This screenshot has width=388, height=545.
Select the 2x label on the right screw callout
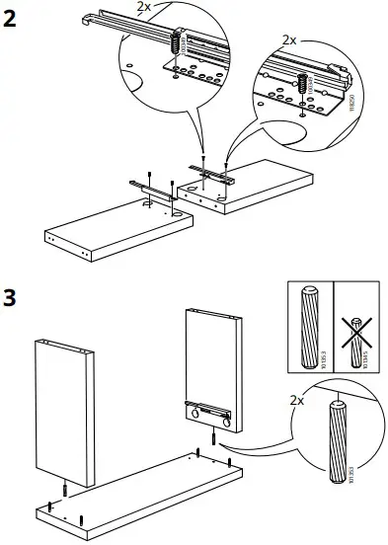click(289, 39)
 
